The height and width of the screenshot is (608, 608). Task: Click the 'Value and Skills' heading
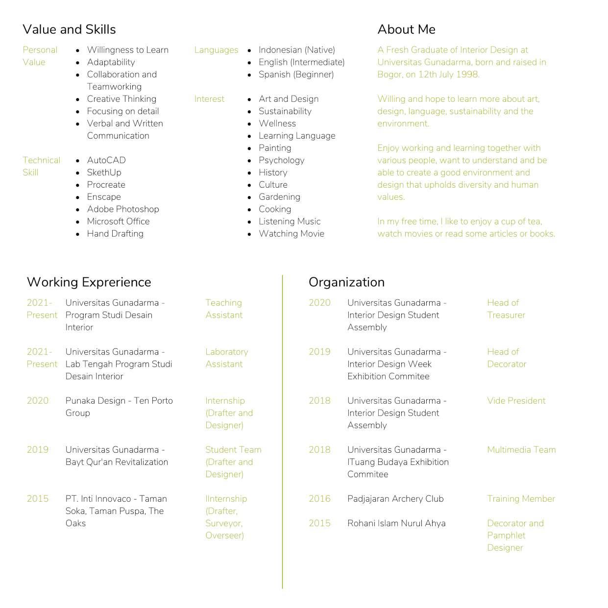pos(69,29)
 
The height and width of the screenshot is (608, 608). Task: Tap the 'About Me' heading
pos(406,29)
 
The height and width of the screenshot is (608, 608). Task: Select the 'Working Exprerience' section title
pos(89,282)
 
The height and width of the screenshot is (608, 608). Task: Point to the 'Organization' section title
pos(346,282)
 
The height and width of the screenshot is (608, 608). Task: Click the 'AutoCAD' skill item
pos(106,160)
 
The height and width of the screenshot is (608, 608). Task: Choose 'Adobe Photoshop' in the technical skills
pos(123,209)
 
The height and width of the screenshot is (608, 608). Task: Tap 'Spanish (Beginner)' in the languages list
pos(296,74)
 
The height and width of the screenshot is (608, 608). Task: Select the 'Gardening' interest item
pos(279,197)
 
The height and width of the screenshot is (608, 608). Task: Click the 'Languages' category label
pos(216,50)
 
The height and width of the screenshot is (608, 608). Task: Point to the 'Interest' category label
pos(209,99)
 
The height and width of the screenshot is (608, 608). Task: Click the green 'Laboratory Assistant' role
pos(226,358)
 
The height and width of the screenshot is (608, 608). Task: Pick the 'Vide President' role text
pos(516,401)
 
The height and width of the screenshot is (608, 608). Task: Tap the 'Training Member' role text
pos(521,499)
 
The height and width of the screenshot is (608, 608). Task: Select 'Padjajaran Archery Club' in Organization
pos(395,499)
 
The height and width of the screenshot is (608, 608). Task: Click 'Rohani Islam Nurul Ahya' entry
pos(396,523)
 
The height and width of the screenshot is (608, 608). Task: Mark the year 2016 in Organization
pos(319,499)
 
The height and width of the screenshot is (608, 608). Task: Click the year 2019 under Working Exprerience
pos(38,450)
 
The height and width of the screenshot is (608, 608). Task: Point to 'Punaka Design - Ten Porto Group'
pos(119,407)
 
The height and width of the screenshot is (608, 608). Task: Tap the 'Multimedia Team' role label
pos(521,450)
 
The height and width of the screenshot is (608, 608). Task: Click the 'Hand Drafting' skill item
pos(115,234)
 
